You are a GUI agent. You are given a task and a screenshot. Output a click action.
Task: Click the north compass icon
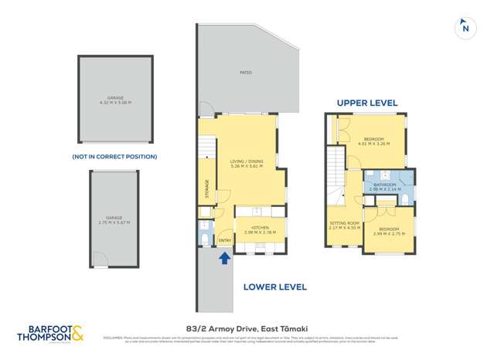pos(465,27)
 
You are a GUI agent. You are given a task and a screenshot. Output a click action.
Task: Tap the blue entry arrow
pos(224,258)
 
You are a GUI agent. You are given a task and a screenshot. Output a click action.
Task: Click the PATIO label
pos(246,73)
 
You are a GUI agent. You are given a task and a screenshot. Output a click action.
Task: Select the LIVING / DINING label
pos(247,161)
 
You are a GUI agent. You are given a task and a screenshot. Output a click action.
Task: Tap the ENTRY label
pos(224,240)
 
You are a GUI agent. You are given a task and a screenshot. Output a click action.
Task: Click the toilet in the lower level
pos(204,236)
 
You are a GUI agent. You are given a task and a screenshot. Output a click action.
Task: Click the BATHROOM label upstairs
pos(384,185)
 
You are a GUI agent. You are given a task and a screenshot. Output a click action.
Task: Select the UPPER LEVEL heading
pos(366,103)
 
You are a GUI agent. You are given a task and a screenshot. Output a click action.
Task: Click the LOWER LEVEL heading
pos(274,287)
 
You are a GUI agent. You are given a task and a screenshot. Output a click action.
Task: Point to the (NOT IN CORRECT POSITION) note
pos(114,156)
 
